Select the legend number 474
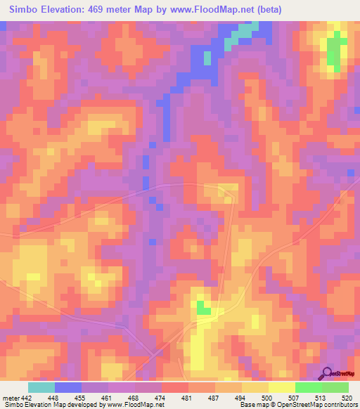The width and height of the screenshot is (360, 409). point(160,398)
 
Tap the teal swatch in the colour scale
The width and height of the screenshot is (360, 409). point(41,387)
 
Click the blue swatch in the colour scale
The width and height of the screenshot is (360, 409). point(67,387)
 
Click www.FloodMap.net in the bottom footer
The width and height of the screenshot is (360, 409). point(134,405)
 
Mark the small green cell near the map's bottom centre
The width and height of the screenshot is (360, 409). point(203,308)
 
